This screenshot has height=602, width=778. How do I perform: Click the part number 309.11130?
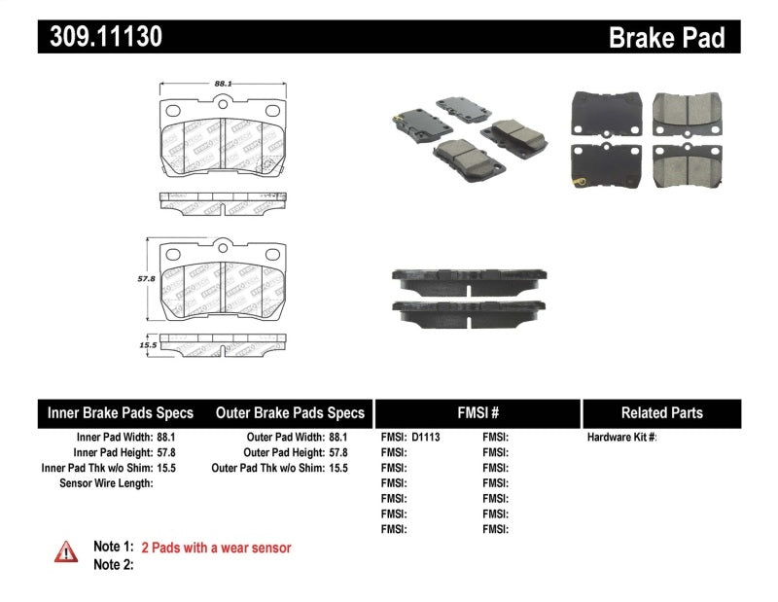click(100, 37)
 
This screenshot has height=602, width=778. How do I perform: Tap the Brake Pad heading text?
click(666, 37)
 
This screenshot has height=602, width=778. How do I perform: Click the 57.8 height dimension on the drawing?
click(142, 277)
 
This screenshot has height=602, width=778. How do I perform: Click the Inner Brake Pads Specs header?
click(121, 412)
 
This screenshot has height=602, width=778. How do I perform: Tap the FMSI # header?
click(477, 412)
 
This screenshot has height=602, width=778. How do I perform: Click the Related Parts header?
click(661, 412)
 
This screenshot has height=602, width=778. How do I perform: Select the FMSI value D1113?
click(426, 438)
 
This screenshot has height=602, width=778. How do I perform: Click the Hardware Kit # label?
click(621, 438)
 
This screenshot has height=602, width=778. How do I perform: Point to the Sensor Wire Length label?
click(106, 483)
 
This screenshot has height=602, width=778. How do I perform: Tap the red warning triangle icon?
click(65, 551)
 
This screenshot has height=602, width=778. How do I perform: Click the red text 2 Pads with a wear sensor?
click(216, 548)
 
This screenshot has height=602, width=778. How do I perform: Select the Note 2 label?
click(113, 564)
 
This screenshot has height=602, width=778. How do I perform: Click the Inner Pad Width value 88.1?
click(172, 438)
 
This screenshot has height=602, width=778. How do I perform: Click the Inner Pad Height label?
click(113, 452)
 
